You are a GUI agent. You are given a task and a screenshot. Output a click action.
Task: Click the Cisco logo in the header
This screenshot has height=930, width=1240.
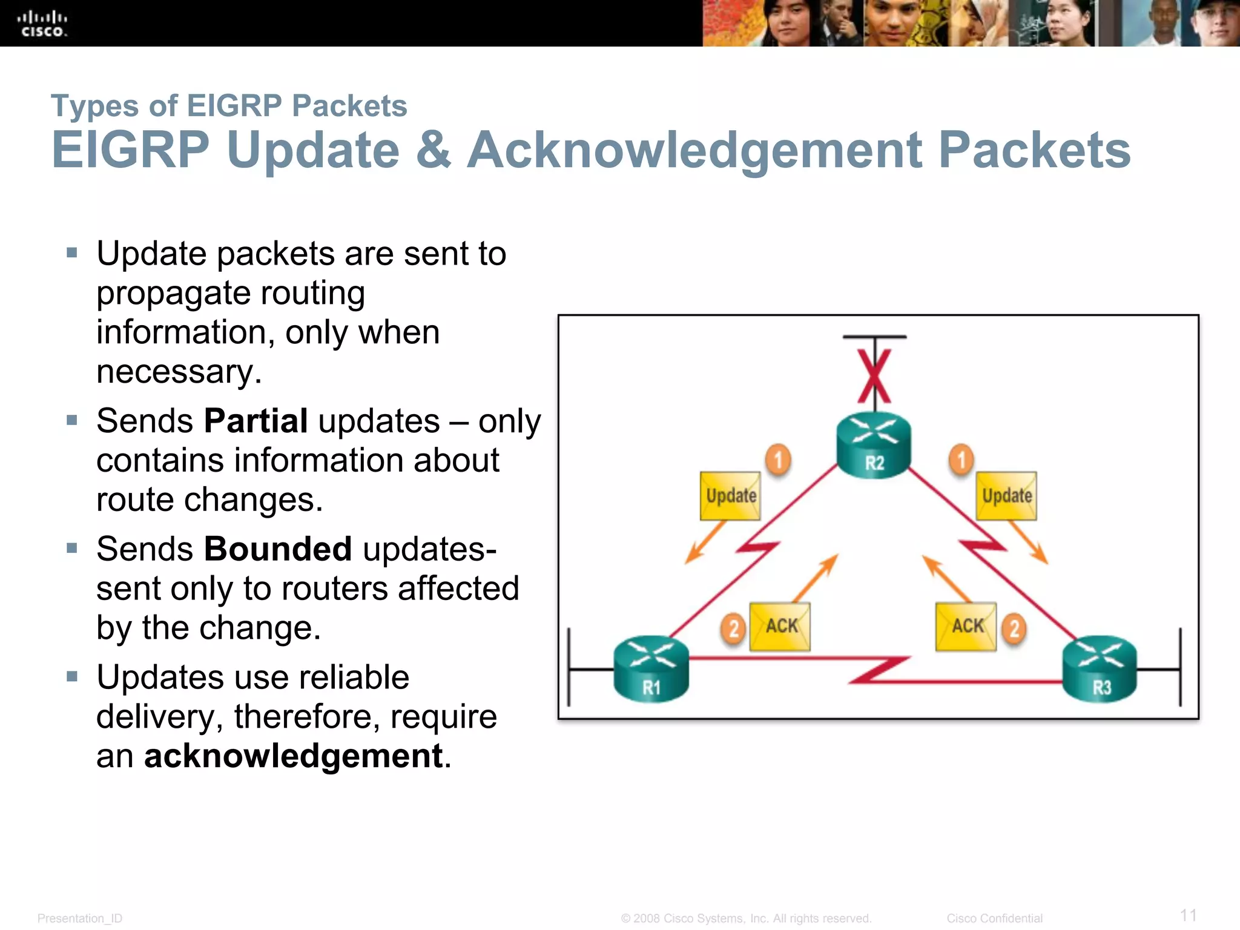point(42,24)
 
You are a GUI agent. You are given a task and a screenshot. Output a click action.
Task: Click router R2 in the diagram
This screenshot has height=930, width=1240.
point(874,446)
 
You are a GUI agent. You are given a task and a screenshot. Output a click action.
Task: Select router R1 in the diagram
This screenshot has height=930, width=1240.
point(651,669)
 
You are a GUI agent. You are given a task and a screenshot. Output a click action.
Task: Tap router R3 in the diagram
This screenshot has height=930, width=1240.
point(1100,669)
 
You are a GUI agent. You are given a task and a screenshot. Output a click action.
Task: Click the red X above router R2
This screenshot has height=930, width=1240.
point(874,376)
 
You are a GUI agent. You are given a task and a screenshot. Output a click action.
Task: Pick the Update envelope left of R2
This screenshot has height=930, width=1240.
point(730,496)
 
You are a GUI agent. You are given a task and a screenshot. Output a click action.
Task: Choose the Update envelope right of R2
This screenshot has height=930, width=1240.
point(1006,496)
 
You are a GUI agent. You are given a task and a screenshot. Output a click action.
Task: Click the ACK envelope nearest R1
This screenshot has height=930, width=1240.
point(780,627)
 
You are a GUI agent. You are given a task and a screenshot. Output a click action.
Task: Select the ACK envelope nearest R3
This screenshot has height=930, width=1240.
point(966,627)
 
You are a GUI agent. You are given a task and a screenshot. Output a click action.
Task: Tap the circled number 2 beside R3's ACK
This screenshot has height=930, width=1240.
point(1014,628)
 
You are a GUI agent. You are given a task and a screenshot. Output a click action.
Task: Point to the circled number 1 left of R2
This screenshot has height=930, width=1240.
point(779,460)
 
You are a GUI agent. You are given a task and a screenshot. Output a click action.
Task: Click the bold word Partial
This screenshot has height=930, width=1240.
point(256,421)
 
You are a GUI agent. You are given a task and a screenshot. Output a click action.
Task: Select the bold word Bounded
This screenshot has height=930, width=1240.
point(278,549)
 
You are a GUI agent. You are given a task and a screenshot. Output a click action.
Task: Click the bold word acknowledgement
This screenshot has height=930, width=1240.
point(294,756)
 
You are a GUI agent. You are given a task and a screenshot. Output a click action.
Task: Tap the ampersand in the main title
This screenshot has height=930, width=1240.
point(434,150)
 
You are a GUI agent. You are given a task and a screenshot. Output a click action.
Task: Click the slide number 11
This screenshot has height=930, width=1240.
point(1188,915)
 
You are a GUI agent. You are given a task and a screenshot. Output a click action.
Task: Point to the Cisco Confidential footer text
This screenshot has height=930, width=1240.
point(994,918)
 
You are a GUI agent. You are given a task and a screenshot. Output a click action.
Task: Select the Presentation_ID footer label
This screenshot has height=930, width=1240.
point(80,918)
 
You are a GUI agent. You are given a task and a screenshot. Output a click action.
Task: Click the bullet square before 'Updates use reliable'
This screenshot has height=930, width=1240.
point(72,676)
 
